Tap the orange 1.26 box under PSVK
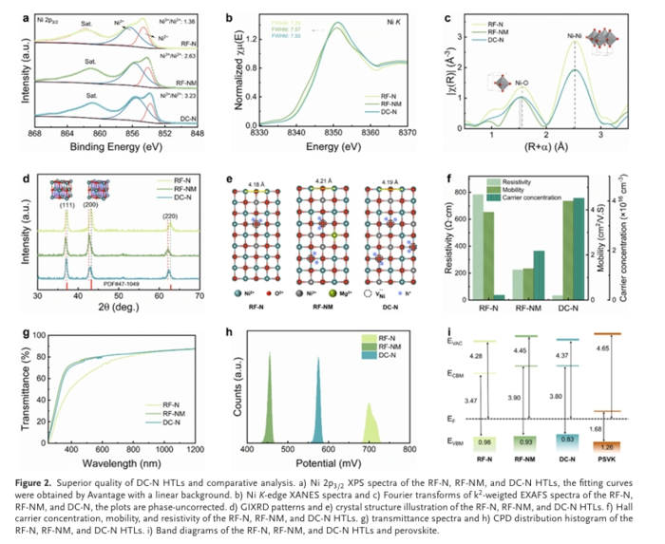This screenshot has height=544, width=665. coord(599,445)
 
